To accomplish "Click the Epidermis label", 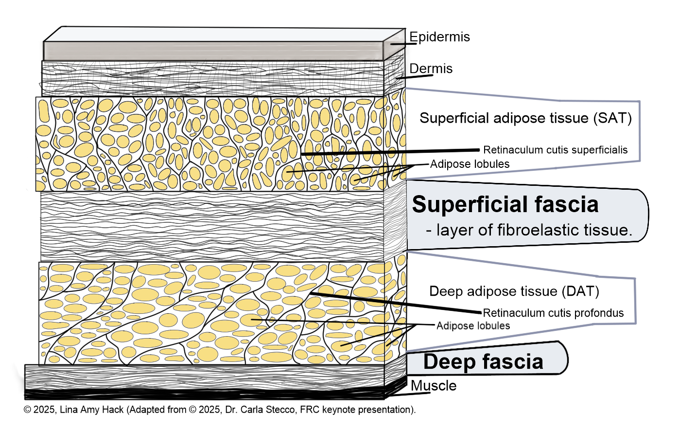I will (439, 37).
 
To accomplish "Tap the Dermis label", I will (431, 69).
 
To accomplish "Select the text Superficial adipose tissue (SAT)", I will (525, 118).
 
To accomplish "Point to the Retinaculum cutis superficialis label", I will (555, 150).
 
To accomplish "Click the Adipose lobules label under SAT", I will (470, 164).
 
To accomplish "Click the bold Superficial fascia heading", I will (505, 204).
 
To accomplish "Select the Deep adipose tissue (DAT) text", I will (514, 291).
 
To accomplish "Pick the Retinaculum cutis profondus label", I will (553, 313).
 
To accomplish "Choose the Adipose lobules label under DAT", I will (473, 325).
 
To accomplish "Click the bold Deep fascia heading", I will (483, 361).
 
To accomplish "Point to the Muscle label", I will (434, 386).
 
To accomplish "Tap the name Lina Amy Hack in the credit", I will (91, 410).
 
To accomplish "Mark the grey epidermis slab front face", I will (214, 51).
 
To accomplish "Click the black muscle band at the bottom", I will (204, 394).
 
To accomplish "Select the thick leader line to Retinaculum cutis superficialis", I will (389, 152).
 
